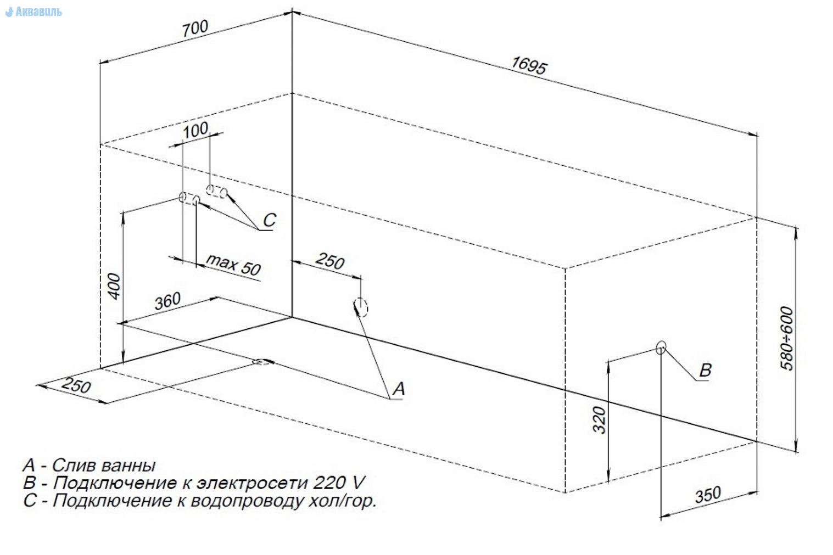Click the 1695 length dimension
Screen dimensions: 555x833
click(x=529, y=65)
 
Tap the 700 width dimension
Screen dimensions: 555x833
click(x=195, y=28)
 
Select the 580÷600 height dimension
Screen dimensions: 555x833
click(x=787, y=339)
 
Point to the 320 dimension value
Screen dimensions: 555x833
click(x=600, y=420)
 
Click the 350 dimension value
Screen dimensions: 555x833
click(x=708, y=495)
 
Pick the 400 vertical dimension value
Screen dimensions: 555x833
click(x=114, y=286)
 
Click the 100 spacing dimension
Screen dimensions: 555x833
click(x=195, y=130)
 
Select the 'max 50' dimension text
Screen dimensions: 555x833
click(x=233, y=265)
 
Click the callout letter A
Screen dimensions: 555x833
click(x=399, y=389)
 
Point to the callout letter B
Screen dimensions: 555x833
click(x=705, y=370)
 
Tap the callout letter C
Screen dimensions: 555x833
click(x=269, y=220)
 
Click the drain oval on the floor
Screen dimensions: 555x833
click(x=263, y=362)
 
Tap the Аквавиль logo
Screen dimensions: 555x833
click(x=34, y=12)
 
